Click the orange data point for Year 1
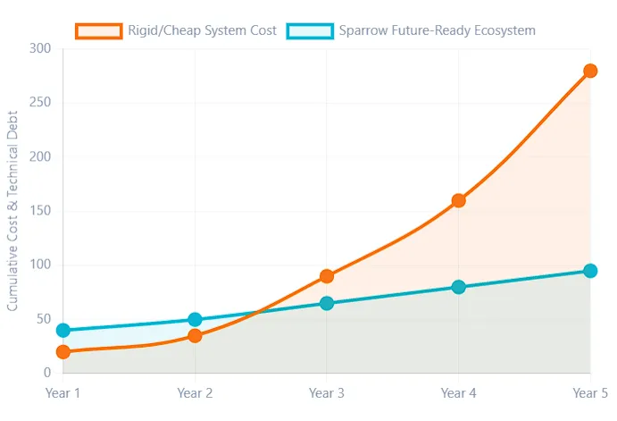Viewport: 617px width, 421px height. coord(63,351)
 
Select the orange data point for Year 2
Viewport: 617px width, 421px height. coord(195,335)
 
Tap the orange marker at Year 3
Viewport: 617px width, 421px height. coord(327,276)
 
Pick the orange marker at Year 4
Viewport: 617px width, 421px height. coord(459,200)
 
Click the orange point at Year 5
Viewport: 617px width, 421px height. coord(590,71)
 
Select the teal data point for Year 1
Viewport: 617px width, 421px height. coord(63,330)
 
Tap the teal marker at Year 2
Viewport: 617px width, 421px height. coord(195,319)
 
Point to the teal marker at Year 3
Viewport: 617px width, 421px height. coord(327,303)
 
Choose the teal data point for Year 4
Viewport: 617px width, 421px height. coord(459,287)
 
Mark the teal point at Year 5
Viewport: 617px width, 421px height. coord(590,271)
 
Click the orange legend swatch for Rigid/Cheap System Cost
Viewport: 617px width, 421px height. coord(98,30)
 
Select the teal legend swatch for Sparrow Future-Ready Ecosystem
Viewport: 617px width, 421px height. coord(310,30)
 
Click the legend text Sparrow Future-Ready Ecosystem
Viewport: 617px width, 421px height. coord(437,30)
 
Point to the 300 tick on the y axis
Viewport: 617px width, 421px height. coord(39,48)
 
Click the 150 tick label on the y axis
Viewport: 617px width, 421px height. coord(39,211)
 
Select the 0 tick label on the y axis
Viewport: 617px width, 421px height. coord(46,373)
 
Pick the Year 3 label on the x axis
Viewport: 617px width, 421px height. coord(327,392)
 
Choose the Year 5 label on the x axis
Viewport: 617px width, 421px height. coord(589,392)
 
